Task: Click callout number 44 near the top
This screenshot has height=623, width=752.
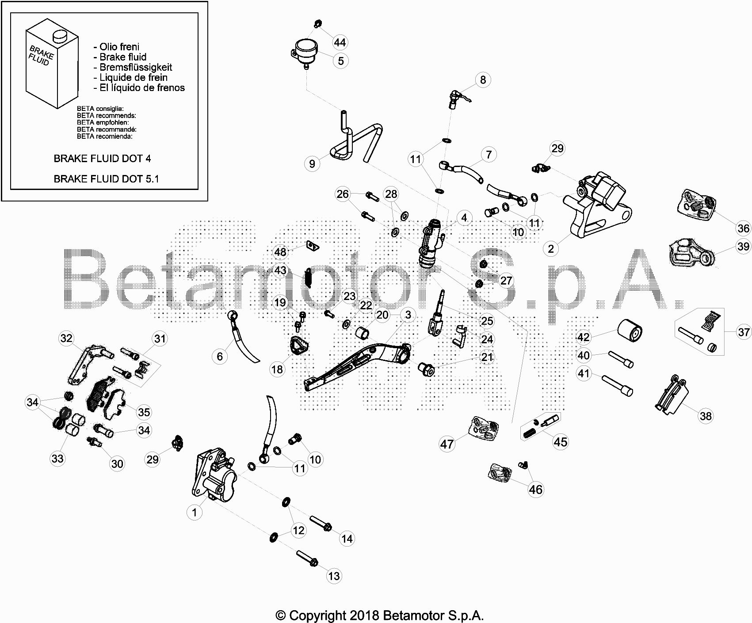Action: tap(340, 42)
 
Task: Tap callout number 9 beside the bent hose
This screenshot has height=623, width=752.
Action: tap(312, 163)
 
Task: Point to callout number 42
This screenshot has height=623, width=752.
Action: tap(584, 337)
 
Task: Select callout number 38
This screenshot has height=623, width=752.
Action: tap(706, 416)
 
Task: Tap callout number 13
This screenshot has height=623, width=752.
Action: tap(334, 576)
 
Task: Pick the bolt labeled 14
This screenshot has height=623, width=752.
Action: tap(321, 523)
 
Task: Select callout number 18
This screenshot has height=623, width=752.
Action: tap(277, 369)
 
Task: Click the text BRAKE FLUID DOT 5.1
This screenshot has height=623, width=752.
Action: tap(106, 179)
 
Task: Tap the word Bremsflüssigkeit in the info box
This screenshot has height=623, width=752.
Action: tap(136, 67)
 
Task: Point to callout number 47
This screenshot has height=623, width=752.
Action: tap(447, 444)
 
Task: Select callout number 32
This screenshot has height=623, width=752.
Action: tap(66, 338)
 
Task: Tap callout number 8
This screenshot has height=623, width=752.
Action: tap(483, 80)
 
